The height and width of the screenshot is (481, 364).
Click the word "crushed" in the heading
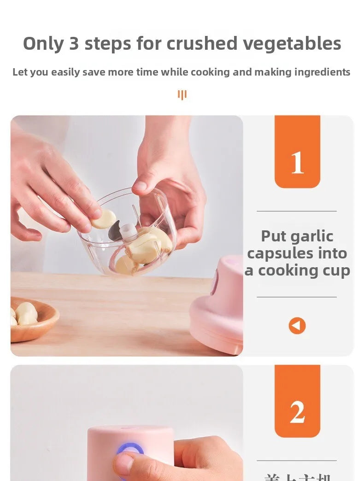coord(202,44)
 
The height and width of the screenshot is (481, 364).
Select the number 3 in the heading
coord(74,44)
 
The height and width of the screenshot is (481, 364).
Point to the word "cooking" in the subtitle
coord(210,72)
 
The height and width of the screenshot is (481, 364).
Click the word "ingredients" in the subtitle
coord(323,72)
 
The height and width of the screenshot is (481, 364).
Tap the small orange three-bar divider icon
coord(182,95)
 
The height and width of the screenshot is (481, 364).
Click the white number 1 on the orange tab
coord(297,163)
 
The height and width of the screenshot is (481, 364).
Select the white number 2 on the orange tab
coord(297,412)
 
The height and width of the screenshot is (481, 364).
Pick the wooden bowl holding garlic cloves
coord(32,319)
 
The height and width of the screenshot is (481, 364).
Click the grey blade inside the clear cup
coord(115,231)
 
